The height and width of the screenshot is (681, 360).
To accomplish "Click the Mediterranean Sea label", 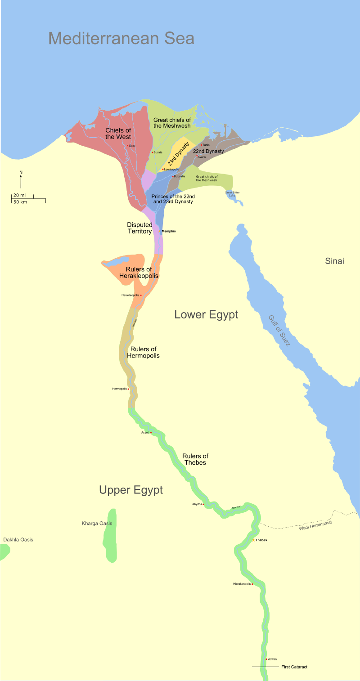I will [121, 38].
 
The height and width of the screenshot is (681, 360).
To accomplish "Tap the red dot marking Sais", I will [128, 145].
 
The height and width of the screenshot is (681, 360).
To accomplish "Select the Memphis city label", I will [169, 231].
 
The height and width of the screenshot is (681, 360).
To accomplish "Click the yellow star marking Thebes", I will [253, 540].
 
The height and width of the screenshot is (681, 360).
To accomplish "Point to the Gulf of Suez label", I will [279, 331].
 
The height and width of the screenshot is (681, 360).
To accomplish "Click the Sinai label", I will [334, 261].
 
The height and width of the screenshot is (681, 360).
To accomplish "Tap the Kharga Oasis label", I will [97, 524].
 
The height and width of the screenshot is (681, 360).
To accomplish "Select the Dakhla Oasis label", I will [18, 540].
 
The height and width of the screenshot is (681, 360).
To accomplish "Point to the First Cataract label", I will [294, 667].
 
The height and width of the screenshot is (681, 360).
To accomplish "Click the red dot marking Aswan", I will [266, 659].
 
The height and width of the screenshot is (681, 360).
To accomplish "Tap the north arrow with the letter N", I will [21, 179].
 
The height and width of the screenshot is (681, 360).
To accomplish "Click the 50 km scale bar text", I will [20, 202].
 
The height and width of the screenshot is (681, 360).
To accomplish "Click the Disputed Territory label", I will [139, 228].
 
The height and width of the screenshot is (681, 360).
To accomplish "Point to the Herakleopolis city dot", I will [141, 295].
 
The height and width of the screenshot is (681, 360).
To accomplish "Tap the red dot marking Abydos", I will [203, 504].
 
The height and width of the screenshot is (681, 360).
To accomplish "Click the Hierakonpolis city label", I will [241, 584].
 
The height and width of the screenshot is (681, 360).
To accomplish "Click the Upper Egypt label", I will [131, 490].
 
